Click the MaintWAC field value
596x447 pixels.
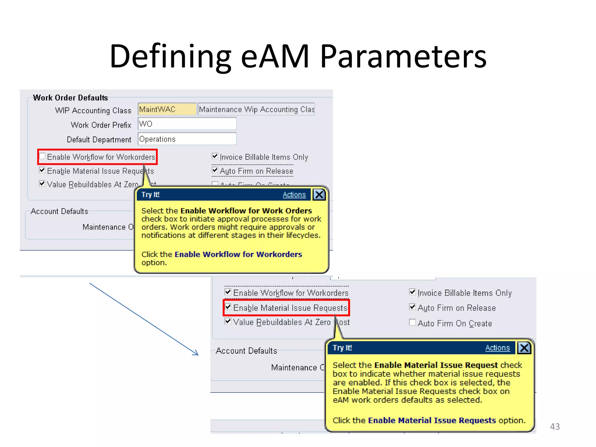click(x=167, y=109)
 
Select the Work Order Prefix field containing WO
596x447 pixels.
click(x=187, y=124)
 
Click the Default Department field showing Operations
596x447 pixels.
click(x=187, y=139)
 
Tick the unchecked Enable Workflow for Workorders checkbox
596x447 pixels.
click(x=42, y=156)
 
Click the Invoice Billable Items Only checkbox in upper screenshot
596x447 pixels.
click(x=215, y=156)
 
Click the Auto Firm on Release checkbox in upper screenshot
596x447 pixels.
click(x=215, y=170)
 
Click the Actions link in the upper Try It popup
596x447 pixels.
click(x=294, y=195)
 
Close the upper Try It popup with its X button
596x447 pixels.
click(x=319, y=195)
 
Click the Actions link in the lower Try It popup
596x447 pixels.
click(x=497, y=348)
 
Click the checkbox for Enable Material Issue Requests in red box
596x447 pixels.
click(x=228, y=307)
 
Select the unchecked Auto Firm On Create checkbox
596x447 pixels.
click(x=412, y=322)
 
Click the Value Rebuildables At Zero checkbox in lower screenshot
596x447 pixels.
click(x=228, y=321)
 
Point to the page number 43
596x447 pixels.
click(x=555, y=427)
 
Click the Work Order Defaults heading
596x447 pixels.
click(x=70, y=98)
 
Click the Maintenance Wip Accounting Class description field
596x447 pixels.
click(x=256, y=109)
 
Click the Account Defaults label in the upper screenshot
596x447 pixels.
click(x=59, y=211)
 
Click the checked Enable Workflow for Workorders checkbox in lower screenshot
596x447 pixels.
click(x=228, y=292)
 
